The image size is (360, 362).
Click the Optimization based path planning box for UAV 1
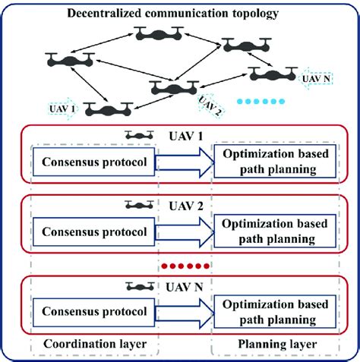(x=276, y=162)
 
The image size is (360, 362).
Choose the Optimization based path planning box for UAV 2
(x=276, y=231)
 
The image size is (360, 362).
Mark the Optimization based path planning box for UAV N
(x=276, y=311)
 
